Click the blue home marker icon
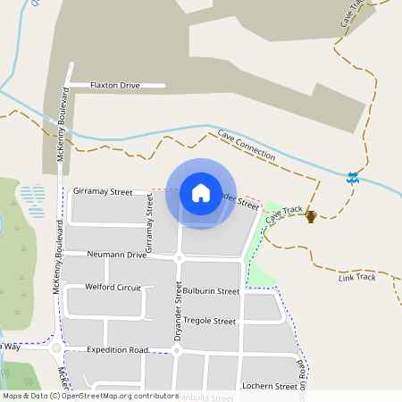coord(201,193)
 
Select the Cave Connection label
coord(246,145)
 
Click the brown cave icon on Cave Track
coord(311,215)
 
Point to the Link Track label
coord(357,277)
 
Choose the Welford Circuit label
coord(113,288)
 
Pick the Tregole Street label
coord(209,321)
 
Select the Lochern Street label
coord(269,387)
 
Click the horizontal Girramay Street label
coord(103,191)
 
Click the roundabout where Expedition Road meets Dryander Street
coord(176,351)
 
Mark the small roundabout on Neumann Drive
coord(179,258)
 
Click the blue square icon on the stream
coord(354,178)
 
